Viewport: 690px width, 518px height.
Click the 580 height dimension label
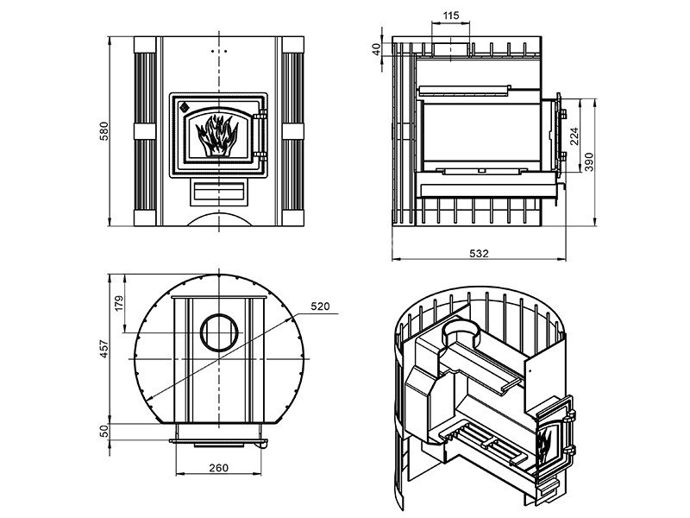coord(103,131)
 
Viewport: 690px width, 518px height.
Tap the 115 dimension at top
coord(451,16)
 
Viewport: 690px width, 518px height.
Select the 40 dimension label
coord(376,49)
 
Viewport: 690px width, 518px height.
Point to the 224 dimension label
coord(574,136)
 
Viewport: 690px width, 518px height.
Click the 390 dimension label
coord(589,161)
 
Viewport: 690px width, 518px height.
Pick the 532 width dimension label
coord(479,253)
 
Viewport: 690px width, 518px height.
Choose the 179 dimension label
coord(119,304)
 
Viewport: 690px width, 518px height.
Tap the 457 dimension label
coord(103,349)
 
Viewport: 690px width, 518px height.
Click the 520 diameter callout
coord(320,306)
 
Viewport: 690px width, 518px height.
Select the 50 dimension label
coord(103,431)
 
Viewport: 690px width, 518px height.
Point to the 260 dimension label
coord(219,467)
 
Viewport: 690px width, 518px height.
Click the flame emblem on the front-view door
coord(217,136)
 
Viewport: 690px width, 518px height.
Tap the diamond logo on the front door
coord(184,106)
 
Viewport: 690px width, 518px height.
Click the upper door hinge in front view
coord(260,114)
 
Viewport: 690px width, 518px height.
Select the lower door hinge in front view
coord(260,156)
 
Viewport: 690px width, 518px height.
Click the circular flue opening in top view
coord(219,333)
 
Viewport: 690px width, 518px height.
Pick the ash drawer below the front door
coord(219,193)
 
